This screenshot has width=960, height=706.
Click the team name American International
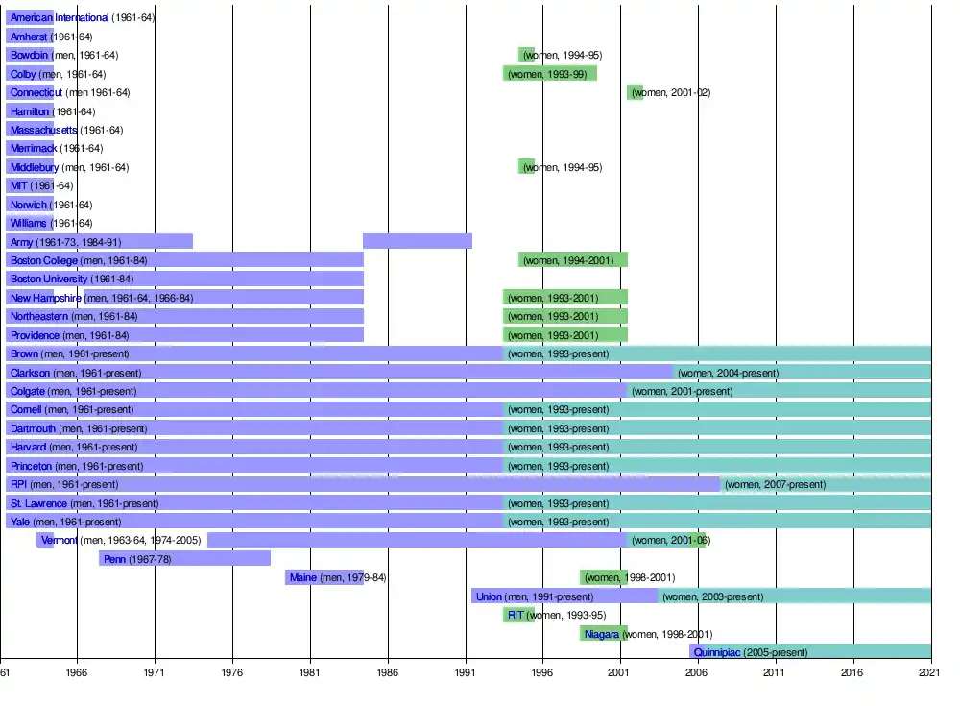click(60, 18)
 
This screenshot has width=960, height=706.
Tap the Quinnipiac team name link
click(716, 652)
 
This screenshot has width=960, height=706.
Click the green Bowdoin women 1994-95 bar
click(527, 55)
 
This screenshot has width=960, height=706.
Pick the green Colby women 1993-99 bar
click(550, 74)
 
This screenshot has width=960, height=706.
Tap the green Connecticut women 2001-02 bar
click(635, 92)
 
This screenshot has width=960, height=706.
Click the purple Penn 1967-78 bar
click(184, 559)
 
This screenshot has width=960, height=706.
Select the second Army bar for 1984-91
click(418, 241)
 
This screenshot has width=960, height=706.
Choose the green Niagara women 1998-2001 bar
click(604, 634)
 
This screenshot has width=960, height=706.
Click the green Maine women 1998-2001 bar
click(604, 577)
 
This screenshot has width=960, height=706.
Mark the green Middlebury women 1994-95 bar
click(527, 167)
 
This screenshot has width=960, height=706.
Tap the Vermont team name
click(60, 541)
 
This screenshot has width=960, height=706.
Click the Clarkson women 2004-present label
click(728, 373)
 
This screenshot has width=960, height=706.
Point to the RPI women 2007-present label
click(775, 485)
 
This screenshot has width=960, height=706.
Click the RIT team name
click(516, 616)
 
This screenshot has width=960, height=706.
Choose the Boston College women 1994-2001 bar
click(573, 260)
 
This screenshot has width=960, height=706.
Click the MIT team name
click(19, 185)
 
